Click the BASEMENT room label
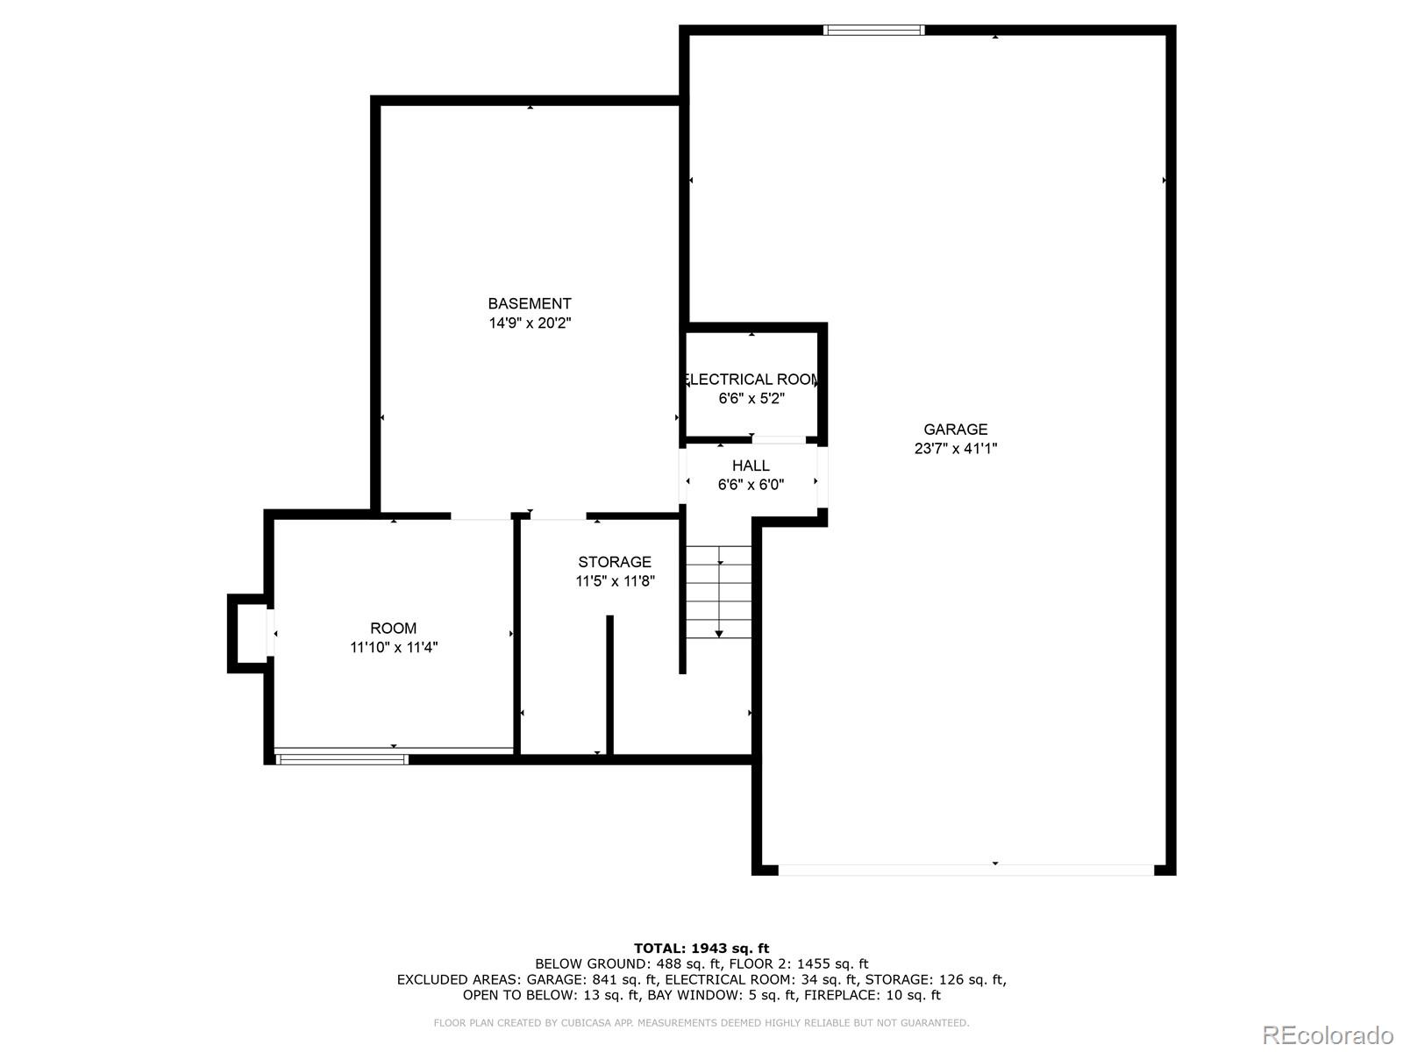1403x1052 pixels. point(530,304)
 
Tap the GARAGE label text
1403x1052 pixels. point(955,430)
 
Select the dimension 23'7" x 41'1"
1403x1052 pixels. point(955,449)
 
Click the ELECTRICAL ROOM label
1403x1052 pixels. point(751,380)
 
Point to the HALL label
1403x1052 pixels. point(751,466)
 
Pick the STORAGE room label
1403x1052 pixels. point(615,562)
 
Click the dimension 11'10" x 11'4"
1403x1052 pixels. point(393,648)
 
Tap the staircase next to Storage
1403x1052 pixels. point(719,592)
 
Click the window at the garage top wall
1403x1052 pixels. point(873,31)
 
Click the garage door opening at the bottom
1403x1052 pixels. point(965,870)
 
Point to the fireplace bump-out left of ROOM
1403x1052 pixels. point(248,633)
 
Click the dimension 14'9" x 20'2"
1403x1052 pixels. point(530,323)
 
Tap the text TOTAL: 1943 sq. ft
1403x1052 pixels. point(701,948)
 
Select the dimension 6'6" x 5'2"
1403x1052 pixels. point(751,399)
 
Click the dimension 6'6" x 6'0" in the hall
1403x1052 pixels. point(751,485)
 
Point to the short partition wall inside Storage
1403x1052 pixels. point(609,684)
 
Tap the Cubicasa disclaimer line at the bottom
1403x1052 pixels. point(701,1023)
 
